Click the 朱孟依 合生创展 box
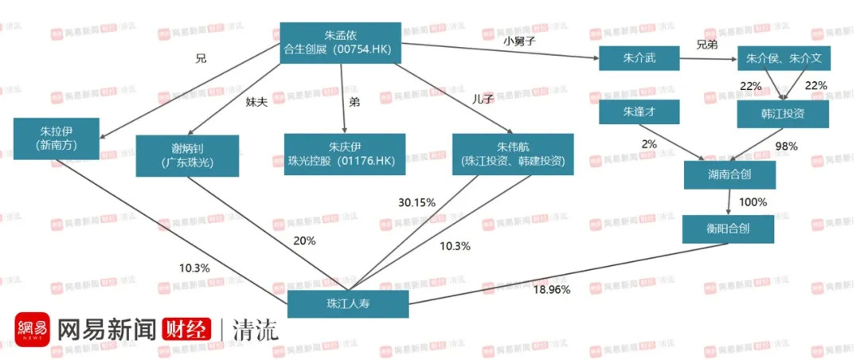coord(340,43)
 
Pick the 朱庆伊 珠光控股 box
coord(345,154)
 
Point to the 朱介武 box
coord(639,58)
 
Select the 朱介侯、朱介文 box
coord(784,58)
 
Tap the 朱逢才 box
coord(639,112)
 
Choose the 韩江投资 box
coord(784,113)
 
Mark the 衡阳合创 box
coord(728,229)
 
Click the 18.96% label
coord(552,289)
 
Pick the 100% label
coord(752,202)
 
